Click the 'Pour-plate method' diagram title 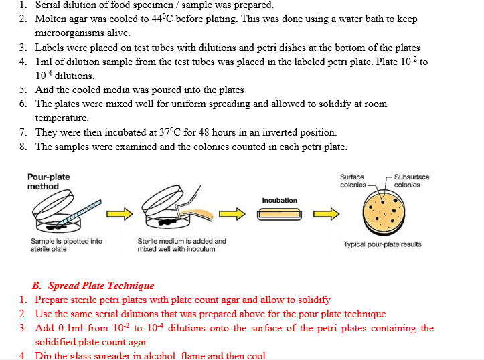click(48, 181)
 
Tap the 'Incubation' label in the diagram click(279, 200)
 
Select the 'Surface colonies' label click(353, 181)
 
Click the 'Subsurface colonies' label click(412, 181)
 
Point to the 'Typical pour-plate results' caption click(382, 244)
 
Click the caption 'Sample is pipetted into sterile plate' click(66, 245)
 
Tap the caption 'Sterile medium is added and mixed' click(181, 245)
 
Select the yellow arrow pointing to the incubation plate click(230, 214)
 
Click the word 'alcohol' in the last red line click(169, 355)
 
